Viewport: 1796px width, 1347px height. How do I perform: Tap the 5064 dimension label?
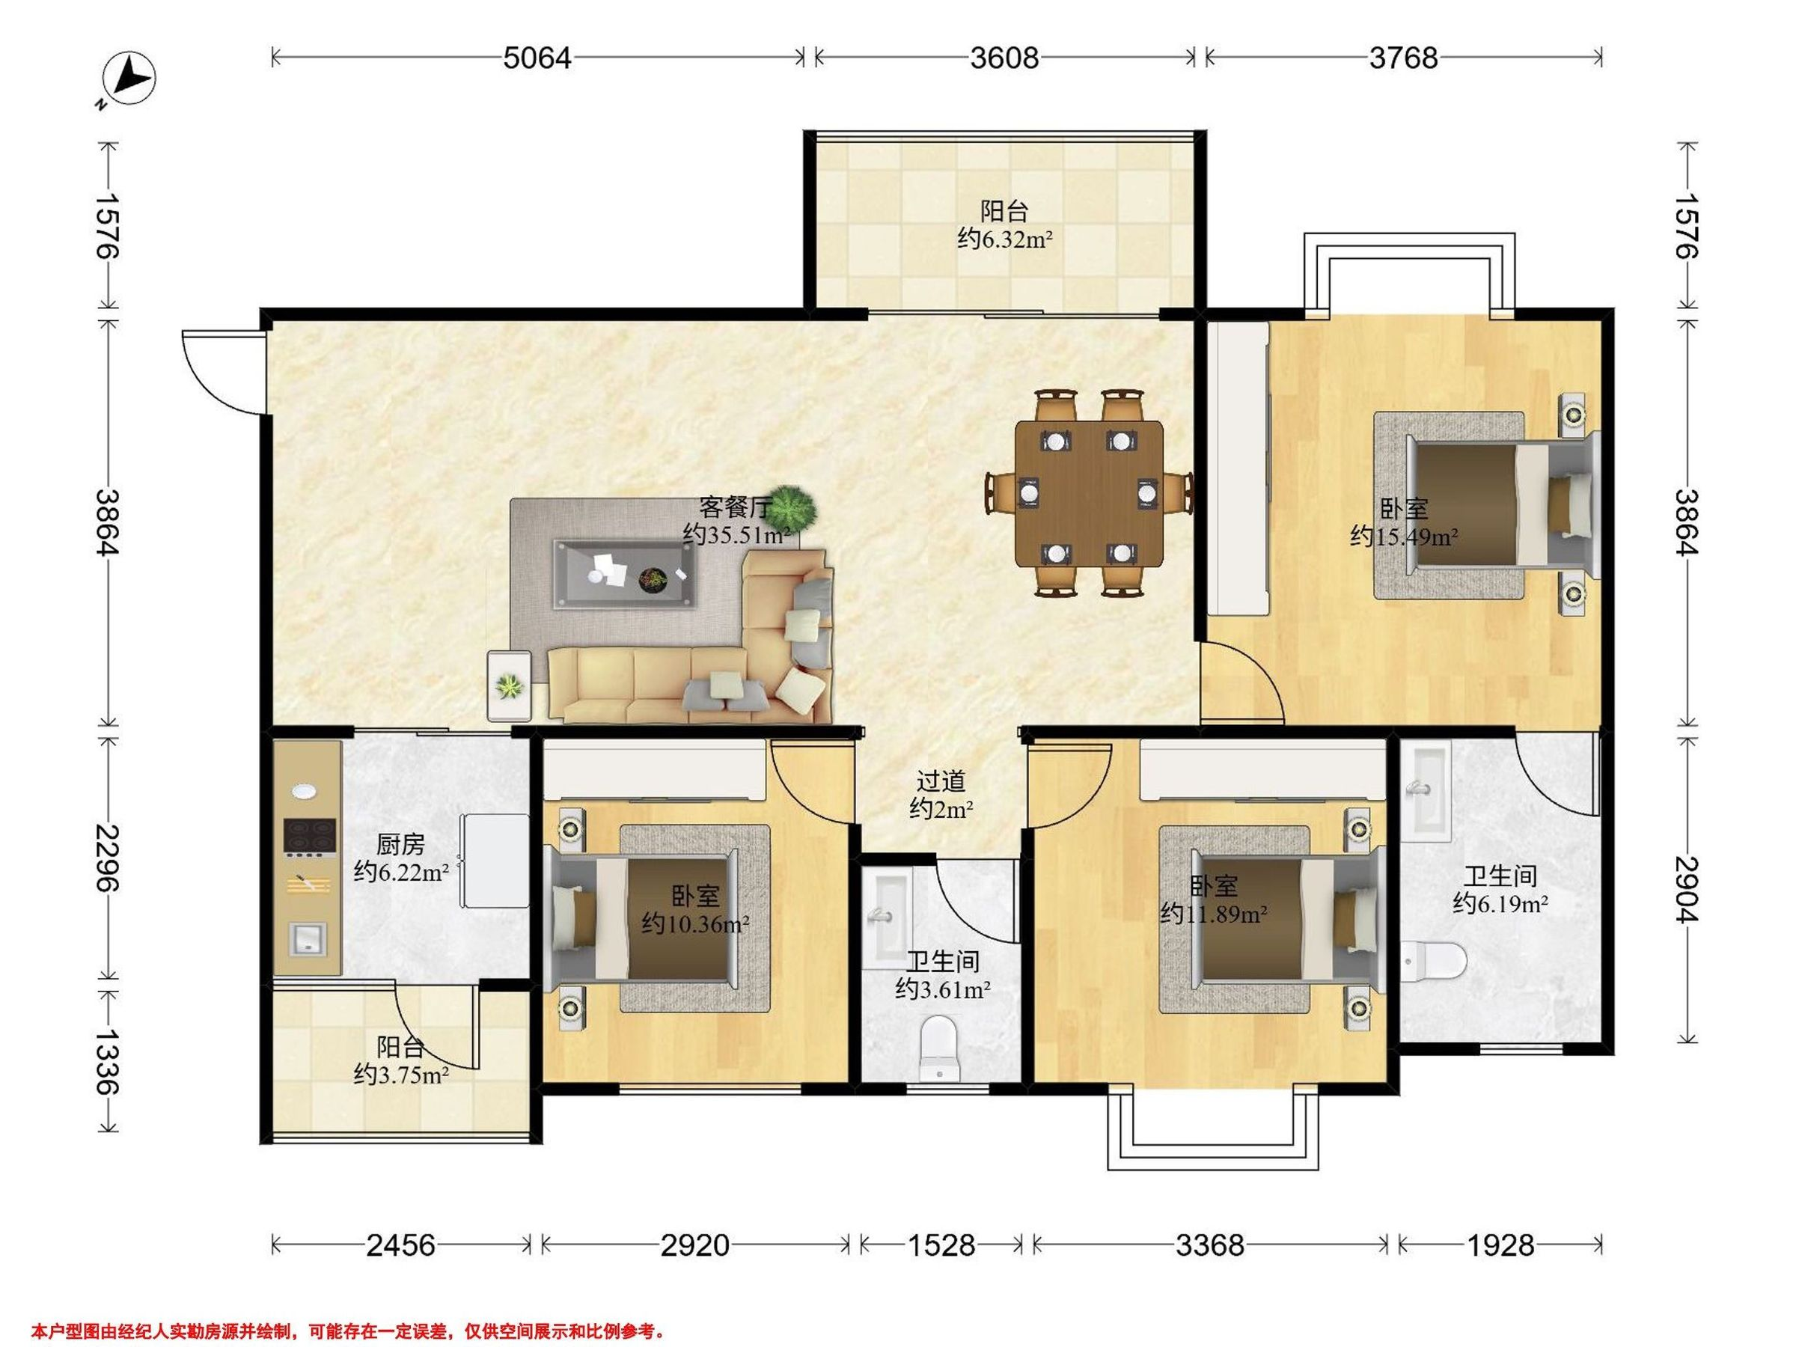537,58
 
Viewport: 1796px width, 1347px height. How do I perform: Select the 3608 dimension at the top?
1004,58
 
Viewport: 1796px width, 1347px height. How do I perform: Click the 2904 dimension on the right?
1687,890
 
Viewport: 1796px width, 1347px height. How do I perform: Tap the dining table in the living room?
1089,493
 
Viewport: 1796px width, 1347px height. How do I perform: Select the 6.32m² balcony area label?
1005,239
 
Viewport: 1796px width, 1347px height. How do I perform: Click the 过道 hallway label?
941,781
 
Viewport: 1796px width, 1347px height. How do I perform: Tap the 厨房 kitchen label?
400,844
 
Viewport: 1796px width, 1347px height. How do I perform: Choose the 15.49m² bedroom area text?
1404,536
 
